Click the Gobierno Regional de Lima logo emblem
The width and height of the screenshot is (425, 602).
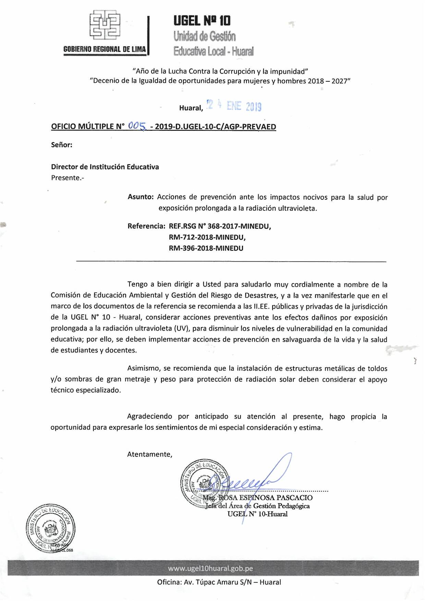105,24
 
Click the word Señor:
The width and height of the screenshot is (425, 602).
62,145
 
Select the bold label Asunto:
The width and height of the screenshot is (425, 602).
141,197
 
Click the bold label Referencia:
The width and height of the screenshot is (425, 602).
146,226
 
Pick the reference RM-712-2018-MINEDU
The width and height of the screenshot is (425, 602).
207,237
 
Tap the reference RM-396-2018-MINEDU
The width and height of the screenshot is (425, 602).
206,248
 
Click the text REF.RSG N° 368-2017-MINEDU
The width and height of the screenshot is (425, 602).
220,226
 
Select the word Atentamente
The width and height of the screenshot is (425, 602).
149,454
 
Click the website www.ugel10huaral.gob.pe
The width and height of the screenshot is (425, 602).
210,568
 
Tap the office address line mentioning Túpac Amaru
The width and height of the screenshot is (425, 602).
219,582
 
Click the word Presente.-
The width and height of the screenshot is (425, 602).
68,178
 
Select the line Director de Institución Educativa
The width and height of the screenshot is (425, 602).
105,167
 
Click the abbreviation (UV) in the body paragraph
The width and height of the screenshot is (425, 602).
182,328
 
